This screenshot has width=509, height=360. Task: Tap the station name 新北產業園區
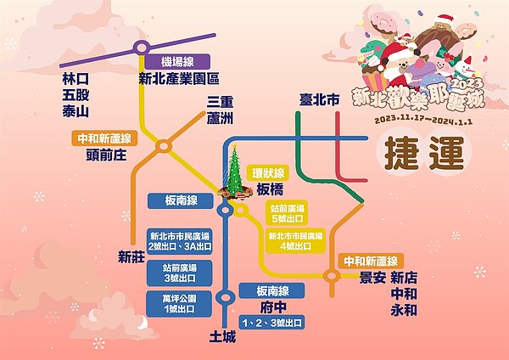pos(179,79)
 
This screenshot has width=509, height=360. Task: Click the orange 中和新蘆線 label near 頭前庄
pos(99,138)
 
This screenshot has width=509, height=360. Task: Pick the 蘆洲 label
pos(221,118)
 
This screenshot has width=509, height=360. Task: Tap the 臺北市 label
pos(320,100)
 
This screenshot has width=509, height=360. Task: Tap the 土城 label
pos(224,336)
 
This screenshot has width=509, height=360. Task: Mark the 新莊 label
pos(132,256)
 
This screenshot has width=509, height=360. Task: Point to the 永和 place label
pos(404,312)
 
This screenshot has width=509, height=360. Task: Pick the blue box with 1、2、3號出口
pos(271,323)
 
